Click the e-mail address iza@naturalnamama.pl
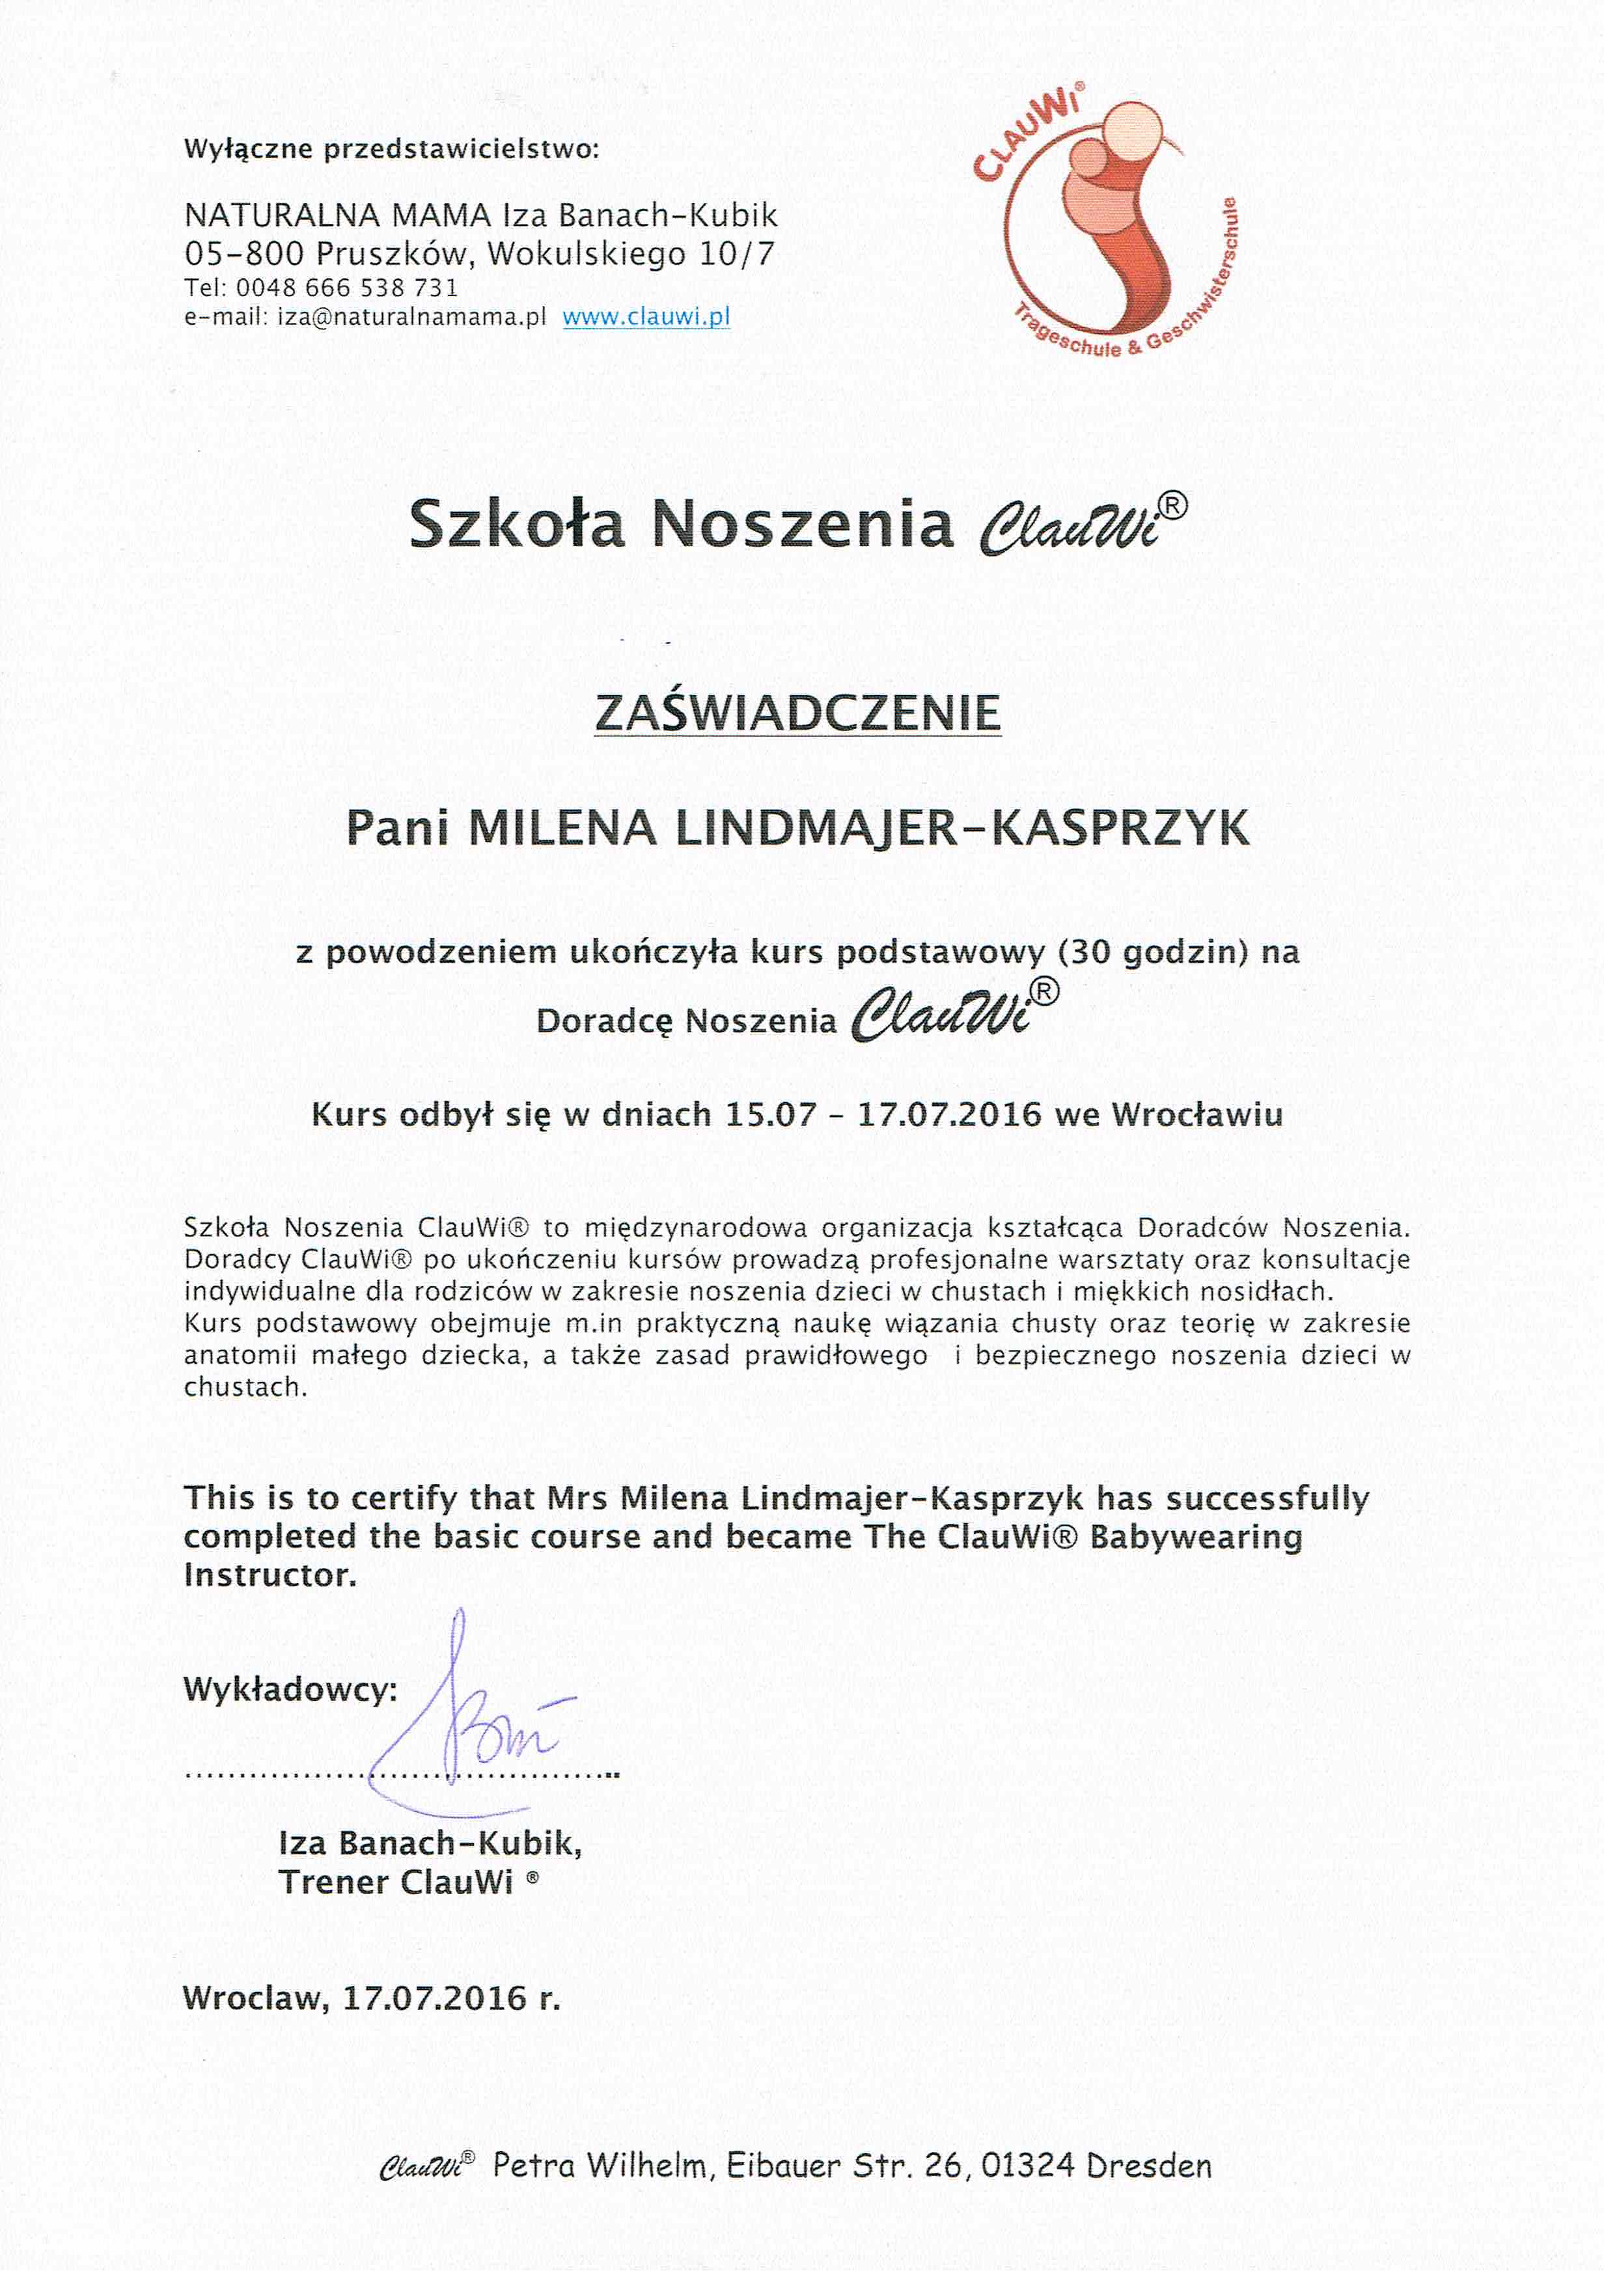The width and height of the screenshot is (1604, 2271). (411, 318)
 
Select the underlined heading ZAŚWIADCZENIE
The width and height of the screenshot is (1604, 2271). (797, 713)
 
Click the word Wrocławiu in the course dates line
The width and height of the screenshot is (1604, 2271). (1197, 1115)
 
